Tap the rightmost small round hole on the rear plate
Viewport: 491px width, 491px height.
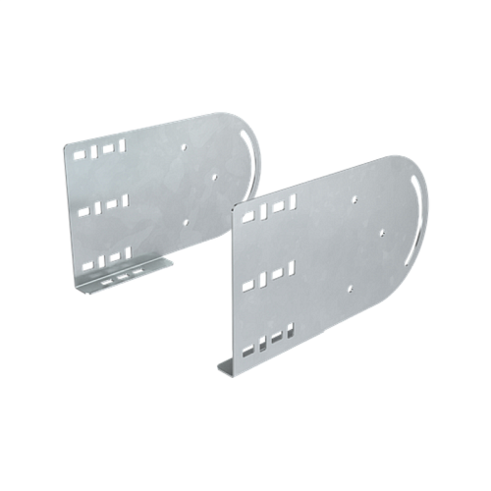[x=215, y=178]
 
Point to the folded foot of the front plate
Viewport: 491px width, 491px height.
[x=227, y=367]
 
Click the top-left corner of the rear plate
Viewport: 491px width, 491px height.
[x=63, y=139]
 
